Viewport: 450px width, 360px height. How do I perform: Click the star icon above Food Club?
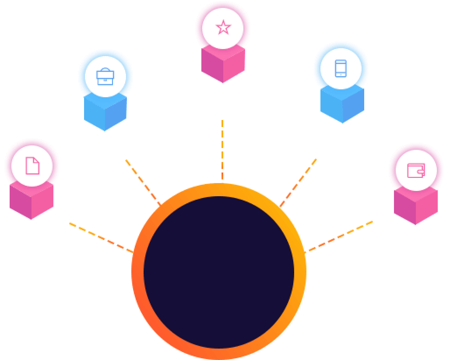click(x=223, y=28)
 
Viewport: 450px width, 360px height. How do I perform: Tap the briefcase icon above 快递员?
click(x=105, y=77)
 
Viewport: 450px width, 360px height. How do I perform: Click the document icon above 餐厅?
click(x=32, y=166)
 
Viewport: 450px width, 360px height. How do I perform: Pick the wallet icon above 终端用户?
click(x=415, y=170)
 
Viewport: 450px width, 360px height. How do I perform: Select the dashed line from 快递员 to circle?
click(x=143, y=182)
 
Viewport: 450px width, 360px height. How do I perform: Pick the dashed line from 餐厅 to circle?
click(x=101, y=238)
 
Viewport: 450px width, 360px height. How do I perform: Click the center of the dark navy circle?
click(x=219, y=272)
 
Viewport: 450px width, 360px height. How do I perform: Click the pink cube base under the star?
click(x=223, y=66)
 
